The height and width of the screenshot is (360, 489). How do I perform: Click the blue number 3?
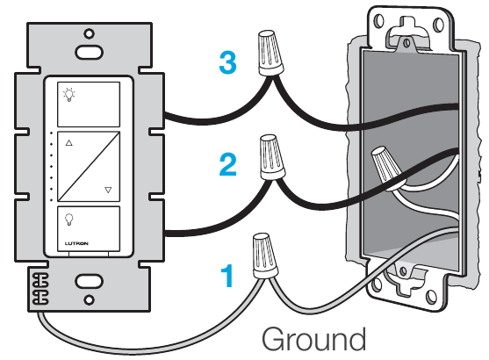click(x=228, y=62)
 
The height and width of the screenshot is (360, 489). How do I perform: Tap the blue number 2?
click(x=228, y=164)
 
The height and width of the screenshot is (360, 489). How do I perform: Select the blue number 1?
click(x=227, y=276)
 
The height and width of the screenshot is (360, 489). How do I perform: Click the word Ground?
click(x=313, y=339)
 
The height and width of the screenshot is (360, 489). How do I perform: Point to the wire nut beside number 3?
click(x=270, y=53)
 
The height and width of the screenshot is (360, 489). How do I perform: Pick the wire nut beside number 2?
click(x=272, y=157)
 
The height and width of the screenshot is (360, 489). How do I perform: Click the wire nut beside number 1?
click(x=265, y=256)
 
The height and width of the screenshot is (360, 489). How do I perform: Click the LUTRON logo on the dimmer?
click(x=76, y=243)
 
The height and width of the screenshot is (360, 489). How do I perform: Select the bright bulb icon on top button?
click(x=69, y=95)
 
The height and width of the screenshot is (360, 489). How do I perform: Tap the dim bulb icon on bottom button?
click(x=68, y=220)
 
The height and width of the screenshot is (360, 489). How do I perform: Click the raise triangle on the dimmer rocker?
click(x=69, y=143)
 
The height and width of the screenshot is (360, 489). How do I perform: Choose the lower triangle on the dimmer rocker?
click(x=108, y=190)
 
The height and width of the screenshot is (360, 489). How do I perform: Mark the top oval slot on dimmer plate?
click(x=89, y=52)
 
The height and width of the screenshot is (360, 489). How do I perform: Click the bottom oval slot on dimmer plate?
click(x=89, y=282)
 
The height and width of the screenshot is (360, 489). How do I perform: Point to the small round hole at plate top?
click(x=90, y=33)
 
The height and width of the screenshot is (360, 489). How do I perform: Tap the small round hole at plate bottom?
click(x=90, y=300)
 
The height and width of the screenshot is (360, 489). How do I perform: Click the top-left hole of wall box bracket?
click(x=379, y=21)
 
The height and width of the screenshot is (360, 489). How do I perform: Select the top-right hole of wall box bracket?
click(x=438, y=25)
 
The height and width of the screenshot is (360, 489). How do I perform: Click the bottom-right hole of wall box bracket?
click(x=431, y=297)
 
